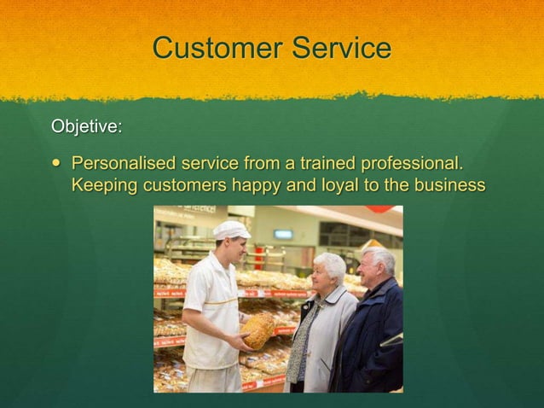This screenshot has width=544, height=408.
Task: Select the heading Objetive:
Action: coord(86,126)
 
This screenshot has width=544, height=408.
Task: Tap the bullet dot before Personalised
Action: coord(56,162)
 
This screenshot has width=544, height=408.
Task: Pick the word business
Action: coord(449,185)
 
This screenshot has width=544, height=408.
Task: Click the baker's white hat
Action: coord(231,230)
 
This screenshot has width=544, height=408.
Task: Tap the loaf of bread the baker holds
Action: coord(258,329)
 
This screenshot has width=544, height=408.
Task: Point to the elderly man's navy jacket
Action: coord(368,333)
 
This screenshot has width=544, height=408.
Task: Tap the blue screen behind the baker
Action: coord(283,234)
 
